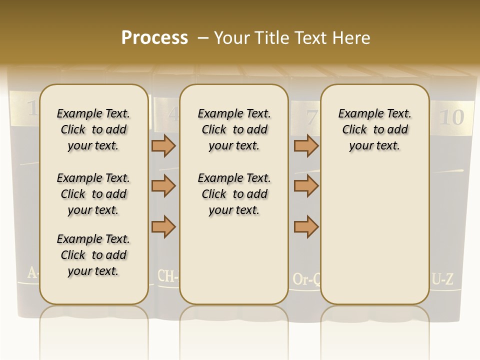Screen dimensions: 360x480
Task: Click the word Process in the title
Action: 154,38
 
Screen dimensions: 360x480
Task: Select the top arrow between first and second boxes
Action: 163,145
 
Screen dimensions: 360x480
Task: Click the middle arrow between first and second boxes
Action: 163,186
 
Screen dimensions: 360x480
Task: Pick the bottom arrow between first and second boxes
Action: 163,226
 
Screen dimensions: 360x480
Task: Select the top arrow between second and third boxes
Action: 306,145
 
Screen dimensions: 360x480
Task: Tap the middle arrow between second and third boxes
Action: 306,186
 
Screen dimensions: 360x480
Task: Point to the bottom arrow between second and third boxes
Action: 306,226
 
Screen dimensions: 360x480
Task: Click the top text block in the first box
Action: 93,129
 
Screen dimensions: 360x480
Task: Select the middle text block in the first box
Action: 93,194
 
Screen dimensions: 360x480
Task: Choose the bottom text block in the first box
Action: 93,255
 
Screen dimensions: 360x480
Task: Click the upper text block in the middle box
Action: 234,129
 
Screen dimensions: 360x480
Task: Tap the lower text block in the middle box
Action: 234,194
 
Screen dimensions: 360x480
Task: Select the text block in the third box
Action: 374,129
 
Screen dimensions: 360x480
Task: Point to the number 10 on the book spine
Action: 451,117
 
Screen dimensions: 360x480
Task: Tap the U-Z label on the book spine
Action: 443,279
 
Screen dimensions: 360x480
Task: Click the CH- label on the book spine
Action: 168,275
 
